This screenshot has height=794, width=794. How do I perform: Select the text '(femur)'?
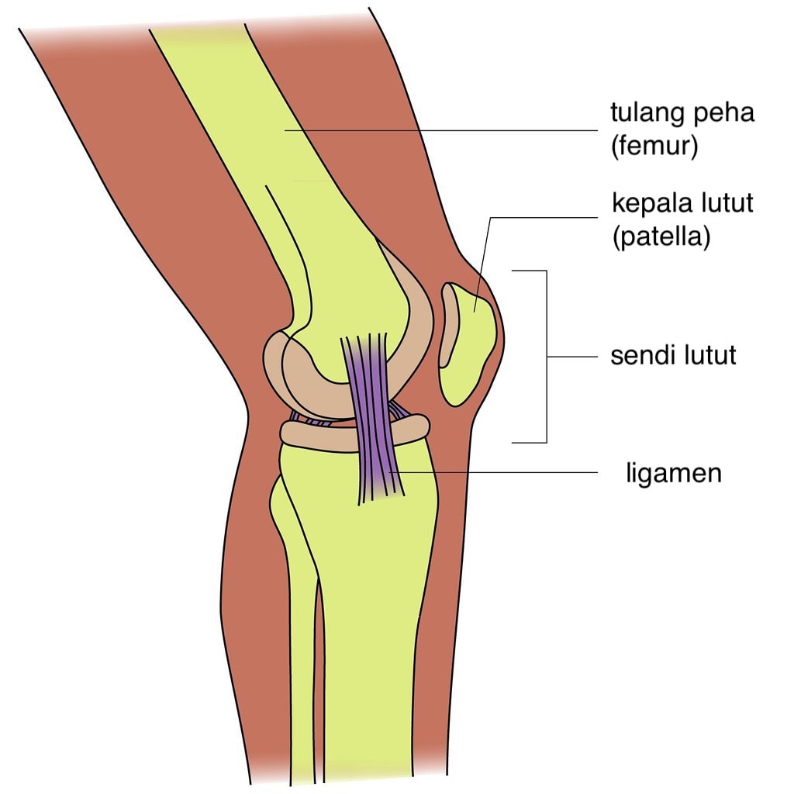(654, 147)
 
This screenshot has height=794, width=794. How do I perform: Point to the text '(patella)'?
(661, 236)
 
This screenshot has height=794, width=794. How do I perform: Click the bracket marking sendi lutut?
(547, 357)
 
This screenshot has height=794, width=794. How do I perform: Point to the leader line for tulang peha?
(441, 130)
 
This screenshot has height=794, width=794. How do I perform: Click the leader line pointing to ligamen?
(493, 473)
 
